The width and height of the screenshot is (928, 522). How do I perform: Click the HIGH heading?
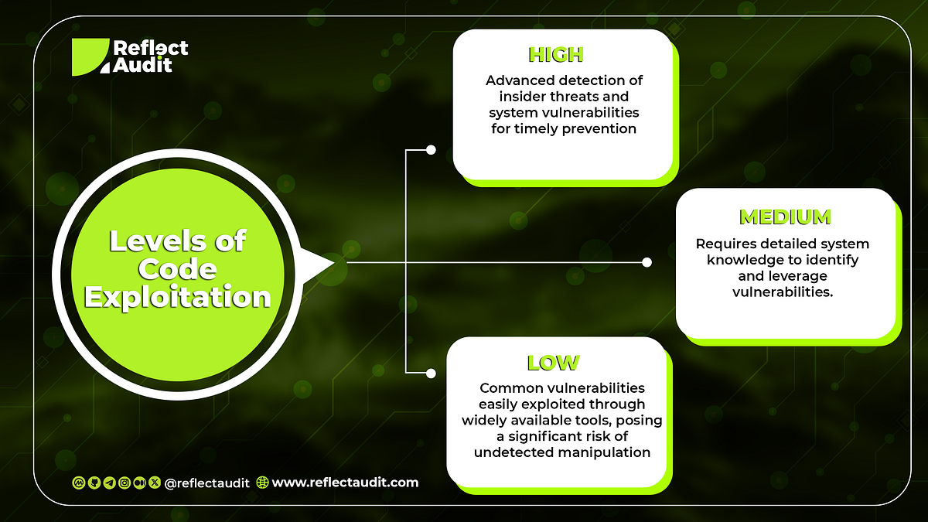[x=555, y=54]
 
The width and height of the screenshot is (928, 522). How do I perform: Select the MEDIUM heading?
[x=785, y=217]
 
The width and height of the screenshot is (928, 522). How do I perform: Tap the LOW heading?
[x=553, y=362]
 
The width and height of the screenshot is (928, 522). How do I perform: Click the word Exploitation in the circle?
[x=178, y=296]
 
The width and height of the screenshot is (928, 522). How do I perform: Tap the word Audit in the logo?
[x=142, y=65]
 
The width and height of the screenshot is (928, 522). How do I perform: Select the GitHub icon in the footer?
[x=94, y=483]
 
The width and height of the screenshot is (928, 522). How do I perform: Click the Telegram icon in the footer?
[x=109, y=483]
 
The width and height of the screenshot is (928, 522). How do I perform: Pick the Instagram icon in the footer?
[x=124, y=483]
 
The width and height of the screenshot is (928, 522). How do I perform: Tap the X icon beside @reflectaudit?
[x=154, y=483]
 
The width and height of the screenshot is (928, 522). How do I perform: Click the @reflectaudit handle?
[x=207, y=483]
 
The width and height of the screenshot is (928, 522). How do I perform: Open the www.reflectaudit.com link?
[x=345, y=482]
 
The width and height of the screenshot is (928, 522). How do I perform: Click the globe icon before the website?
[x=262, y=483]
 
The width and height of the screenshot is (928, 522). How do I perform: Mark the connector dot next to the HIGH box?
[x=431, y=149]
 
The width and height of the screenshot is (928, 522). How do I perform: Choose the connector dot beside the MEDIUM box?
[x=647, y=262]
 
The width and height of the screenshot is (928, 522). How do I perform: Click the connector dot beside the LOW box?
[x=431, y=373]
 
